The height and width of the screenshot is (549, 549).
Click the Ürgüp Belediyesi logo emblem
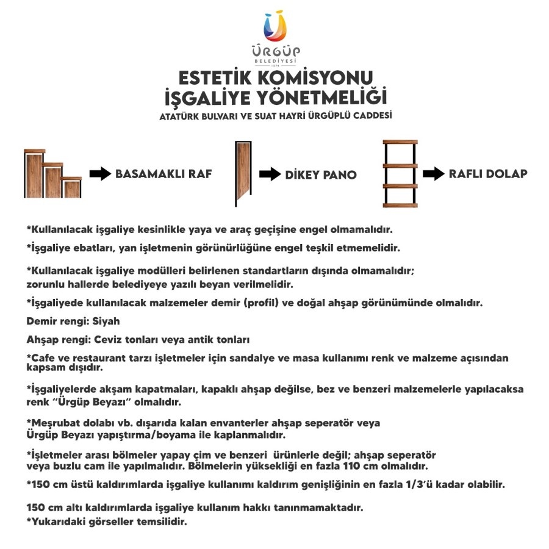coord(274,27)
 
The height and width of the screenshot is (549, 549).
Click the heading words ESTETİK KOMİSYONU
coord(274,78)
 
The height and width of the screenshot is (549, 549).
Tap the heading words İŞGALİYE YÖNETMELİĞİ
coord(275,97)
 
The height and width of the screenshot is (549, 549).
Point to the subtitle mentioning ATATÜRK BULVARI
coord(275,115)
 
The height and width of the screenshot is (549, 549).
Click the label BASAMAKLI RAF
coord(163,174)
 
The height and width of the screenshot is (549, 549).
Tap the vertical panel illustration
coord(244,174)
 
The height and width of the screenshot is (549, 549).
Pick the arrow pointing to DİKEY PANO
coord(269,175)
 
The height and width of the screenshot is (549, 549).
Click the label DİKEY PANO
coord(321,175)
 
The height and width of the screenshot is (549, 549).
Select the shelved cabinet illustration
coord(400,174)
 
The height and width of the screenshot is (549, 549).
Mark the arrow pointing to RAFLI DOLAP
coord(432,174)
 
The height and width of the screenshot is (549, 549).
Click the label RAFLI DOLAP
coord(488,174)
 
